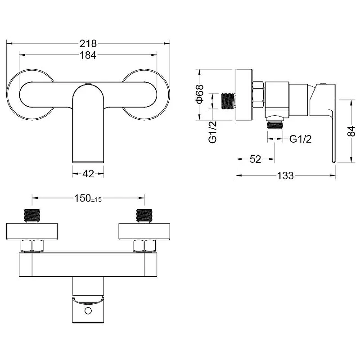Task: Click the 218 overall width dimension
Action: (88, 43)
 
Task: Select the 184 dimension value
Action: (88, 55)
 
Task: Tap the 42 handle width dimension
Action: (88, 174)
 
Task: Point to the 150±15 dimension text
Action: (88, 198)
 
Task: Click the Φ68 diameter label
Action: (199, 94)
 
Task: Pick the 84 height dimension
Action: (351, 131)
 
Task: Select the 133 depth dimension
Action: (285, 175)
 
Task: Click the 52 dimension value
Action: (255, 159)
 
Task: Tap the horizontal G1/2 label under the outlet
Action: (300, 139)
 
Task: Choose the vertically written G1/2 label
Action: (212, 132)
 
